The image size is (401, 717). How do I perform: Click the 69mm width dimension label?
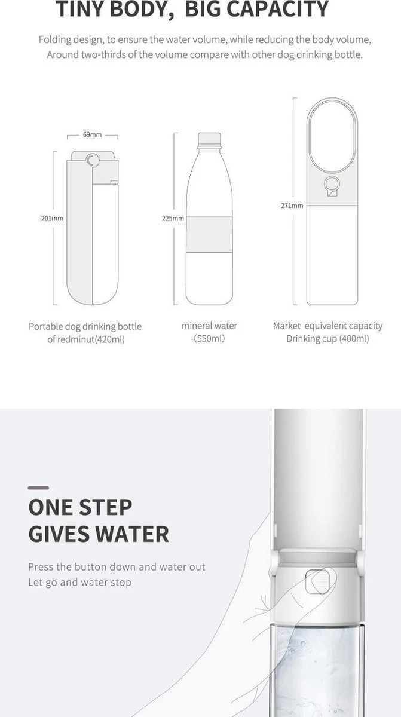[92, 135]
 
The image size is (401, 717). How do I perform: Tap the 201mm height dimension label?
[52, 218]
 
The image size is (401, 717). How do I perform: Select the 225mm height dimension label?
[173, 218]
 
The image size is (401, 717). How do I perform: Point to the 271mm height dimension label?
[292, 206]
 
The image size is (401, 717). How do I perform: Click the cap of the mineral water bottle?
[209, 139]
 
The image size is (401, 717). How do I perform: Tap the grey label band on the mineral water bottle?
[209, 234]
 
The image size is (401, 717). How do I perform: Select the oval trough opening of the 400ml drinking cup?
[332, 137]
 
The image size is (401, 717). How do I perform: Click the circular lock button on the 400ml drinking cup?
[332, 185]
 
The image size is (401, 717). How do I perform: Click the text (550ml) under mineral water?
[209, 338]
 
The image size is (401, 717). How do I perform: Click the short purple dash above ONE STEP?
[38, 488]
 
